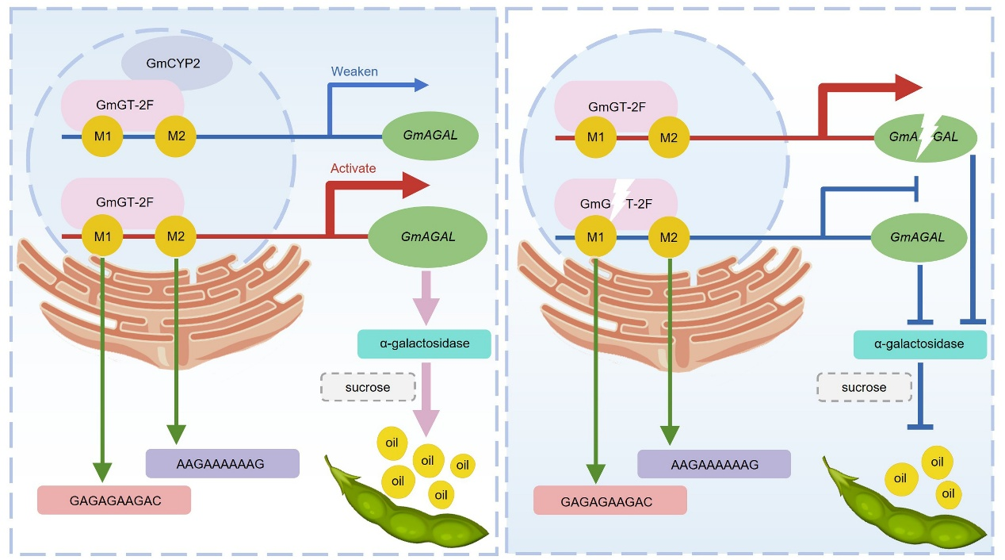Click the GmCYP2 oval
[177, 61]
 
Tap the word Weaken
[353, 71]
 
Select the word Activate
[353, 169]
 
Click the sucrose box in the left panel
[368, 388]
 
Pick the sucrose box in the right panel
[863, 388]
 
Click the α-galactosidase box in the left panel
[425, 343]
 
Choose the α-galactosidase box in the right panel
[919, 344]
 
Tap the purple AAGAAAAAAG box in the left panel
[223, 463]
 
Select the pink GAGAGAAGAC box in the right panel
[609, 501]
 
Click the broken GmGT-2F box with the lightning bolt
[617, 203]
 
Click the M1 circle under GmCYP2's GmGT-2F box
[102, 136]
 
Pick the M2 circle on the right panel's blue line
[669, 236]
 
